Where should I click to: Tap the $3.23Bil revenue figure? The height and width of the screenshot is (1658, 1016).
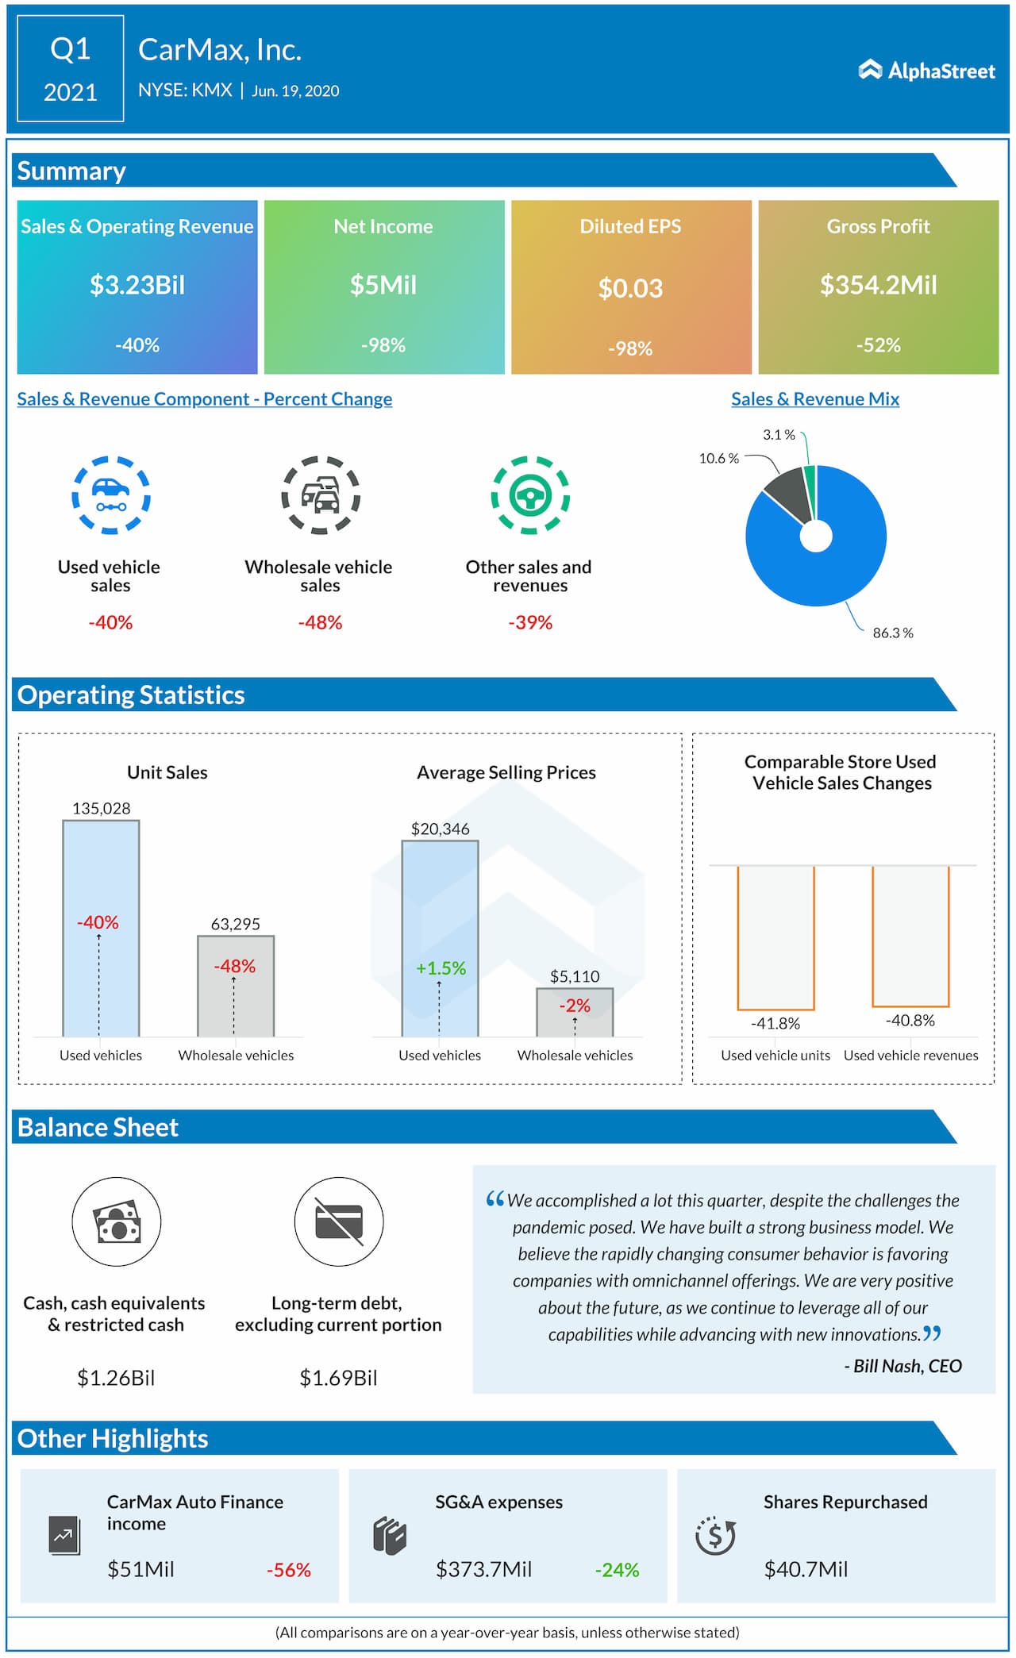tap(137, 285)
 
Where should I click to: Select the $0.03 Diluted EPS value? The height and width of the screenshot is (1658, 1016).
tap(630, 288)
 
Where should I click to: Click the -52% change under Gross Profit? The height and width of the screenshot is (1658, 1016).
tap(878, 345)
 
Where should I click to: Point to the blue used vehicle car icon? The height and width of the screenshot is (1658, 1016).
tap(111, 494)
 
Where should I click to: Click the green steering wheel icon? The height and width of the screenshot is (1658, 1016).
tap(530, 495)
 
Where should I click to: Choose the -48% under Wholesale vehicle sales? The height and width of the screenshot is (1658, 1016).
tap(320, 622)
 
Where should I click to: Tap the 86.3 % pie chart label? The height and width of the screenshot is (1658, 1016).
tap(892, 633)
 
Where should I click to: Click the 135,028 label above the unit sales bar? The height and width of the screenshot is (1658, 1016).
tap(101, 808)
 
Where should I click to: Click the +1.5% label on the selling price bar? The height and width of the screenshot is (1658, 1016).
tap(441, 968)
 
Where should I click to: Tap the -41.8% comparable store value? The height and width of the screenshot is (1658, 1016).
tap(775, 1023)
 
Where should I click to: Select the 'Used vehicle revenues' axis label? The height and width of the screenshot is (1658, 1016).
tap(910, 1055)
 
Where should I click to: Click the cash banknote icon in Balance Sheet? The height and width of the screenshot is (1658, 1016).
tap(117, 1221)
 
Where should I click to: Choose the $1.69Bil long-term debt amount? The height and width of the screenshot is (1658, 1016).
tap(338, 1378)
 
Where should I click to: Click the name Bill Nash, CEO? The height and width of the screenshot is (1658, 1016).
tap(902, 1366)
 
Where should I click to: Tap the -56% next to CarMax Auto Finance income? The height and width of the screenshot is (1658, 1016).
tap(288, 1570)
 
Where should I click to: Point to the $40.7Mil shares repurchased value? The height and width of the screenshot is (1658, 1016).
tap(806, 1569)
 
